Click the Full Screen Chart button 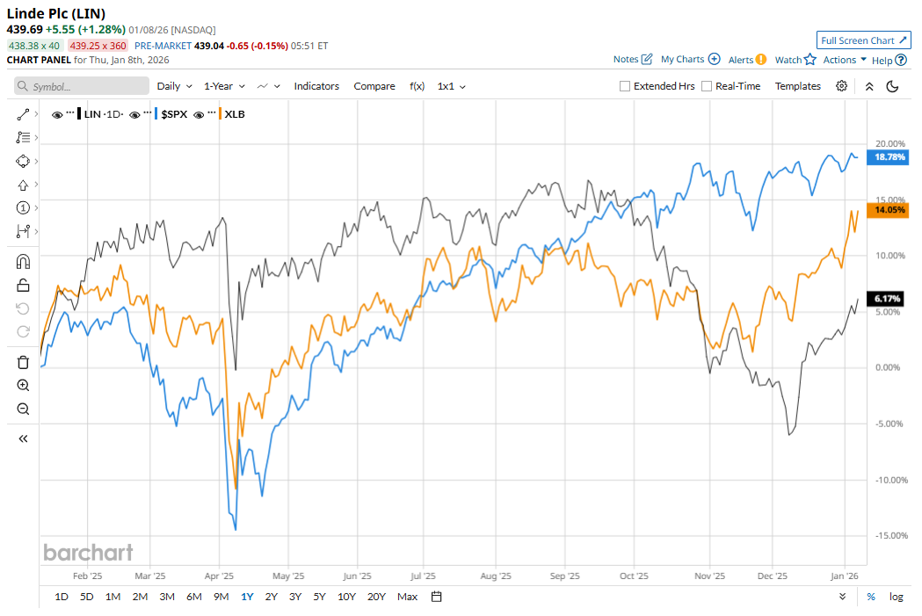863,40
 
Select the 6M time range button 193,597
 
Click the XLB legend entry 235,114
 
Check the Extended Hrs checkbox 625,86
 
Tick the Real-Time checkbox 707,86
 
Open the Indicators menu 316,86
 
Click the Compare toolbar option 374,86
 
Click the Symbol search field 82,86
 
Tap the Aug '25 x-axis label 497,576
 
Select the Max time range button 407,597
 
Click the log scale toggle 896,597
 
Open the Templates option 797,86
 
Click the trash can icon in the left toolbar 23,362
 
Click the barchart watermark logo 88,552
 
